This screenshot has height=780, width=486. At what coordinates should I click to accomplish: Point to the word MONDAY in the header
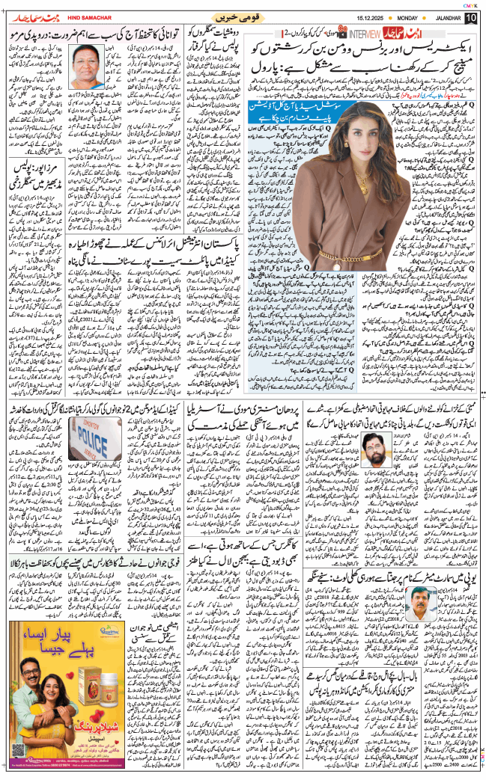(x=389, y=16)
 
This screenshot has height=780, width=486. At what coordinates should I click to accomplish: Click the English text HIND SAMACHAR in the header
(x=82, y=16)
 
